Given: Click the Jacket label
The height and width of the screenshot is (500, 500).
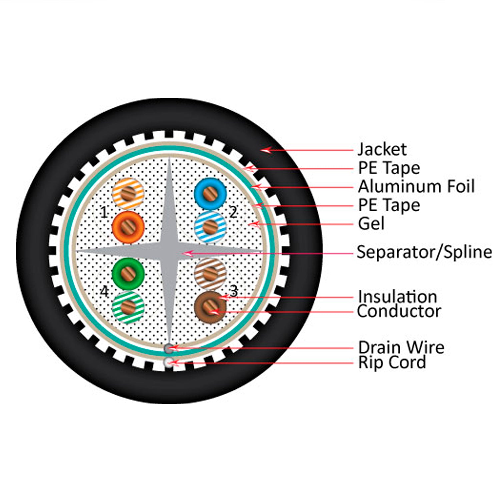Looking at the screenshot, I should (x=382, y=149).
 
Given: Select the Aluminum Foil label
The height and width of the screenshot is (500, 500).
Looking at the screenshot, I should (x=416, y=186).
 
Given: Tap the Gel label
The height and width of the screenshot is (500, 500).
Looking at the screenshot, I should (x=371, y=224).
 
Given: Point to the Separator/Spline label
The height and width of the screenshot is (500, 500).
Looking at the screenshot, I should (x=424, y=252).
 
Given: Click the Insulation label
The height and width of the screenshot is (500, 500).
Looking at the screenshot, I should (x=397, y=296).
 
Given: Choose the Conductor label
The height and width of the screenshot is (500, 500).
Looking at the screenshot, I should (x=399, y=311).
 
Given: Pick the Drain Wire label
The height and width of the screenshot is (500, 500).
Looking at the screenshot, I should (x=401, y=347).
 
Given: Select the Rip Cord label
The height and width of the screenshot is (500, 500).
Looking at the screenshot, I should (x=392, y=362).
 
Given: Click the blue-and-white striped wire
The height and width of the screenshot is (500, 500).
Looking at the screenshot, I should (x=210, y=227).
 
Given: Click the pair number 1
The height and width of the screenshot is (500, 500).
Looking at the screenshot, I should (x=104, y=212).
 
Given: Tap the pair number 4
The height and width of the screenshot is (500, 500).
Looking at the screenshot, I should (x=104, y=291).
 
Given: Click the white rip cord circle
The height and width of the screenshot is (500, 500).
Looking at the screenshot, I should (x=169, y=362).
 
